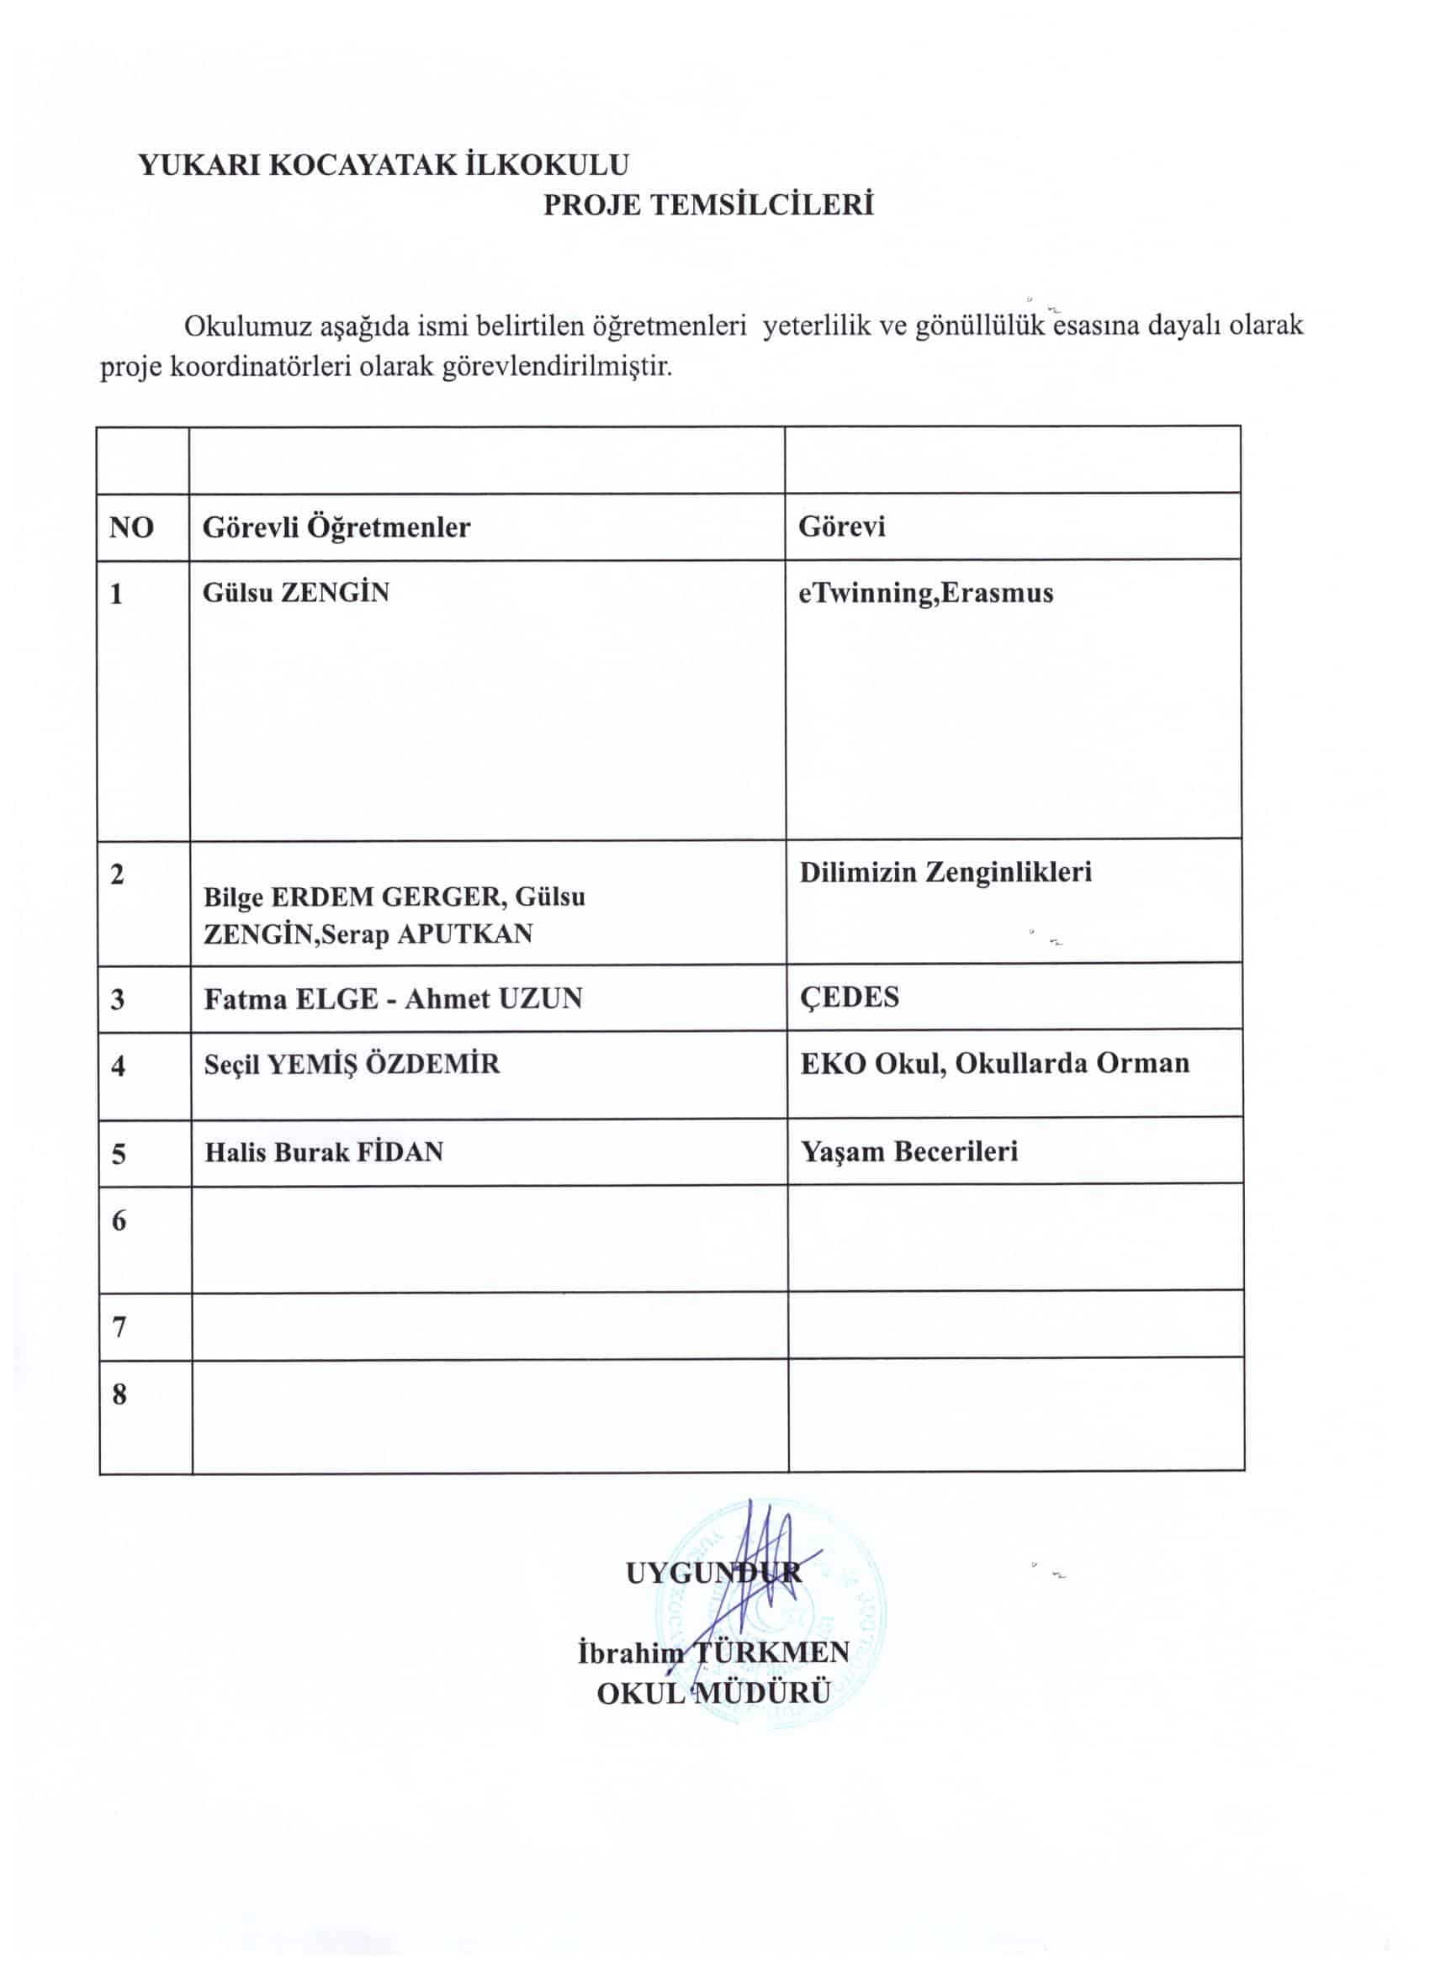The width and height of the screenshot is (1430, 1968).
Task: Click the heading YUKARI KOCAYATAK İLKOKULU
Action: (384, 165)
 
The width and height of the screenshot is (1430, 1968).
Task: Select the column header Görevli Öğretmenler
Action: (336, 527)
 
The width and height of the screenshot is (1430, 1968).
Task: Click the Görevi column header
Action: (841, 526)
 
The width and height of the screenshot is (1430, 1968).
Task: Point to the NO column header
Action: (131, 527)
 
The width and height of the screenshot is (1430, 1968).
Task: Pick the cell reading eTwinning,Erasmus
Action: (925, 594)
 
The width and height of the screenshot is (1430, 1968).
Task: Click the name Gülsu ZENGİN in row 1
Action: (296, 594)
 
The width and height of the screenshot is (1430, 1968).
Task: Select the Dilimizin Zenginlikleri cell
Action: (945, 873)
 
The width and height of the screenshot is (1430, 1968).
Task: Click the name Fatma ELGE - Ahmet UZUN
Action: (393, 1000)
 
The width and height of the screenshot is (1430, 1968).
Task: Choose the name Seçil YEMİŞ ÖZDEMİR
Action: (352, 1065)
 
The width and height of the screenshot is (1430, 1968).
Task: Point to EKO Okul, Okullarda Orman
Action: (994, 1064)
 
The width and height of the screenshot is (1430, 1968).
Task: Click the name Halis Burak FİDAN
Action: (324, 1153)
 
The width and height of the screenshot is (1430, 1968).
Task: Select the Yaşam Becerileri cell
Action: (908, 1152)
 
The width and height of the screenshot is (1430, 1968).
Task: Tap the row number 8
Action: (119, 1395)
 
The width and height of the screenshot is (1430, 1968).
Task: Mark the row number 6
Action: (119, 1222)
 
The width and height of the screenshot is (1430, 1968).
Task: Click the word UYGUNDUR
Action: (713, 1574)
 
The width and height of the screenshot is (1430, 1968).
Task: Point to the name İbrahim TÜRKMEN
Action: (713, 1652)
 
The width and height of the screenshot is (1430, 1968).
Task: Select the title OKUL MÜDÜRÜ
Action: (713, 1693)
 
